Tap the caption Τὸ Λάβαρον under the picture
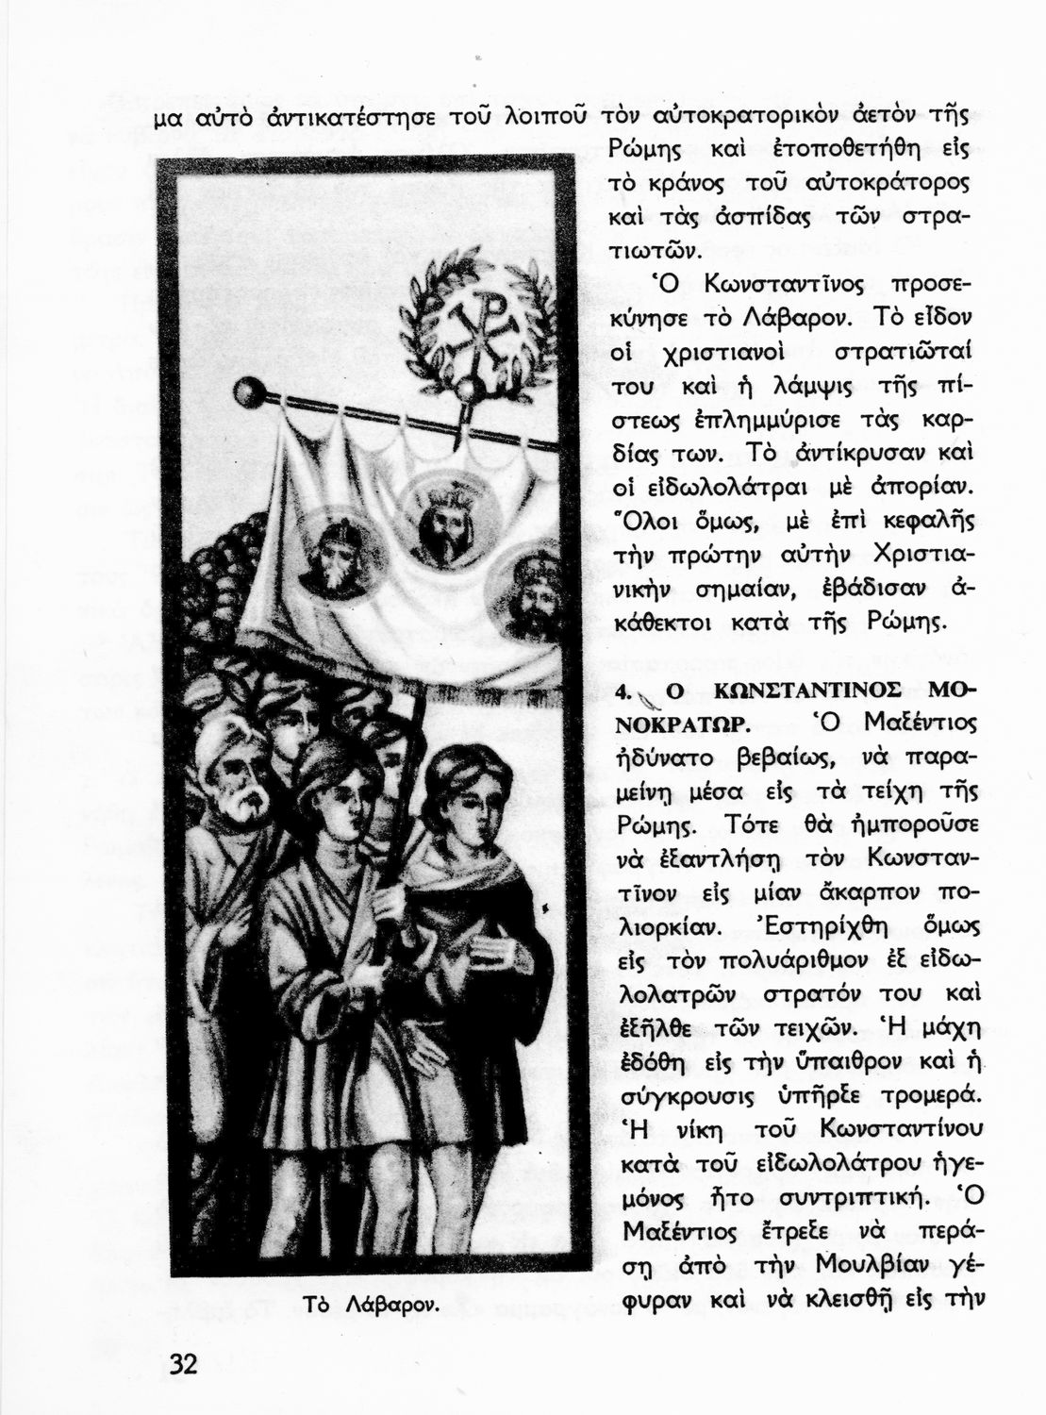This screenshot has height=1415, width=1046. [x=371, y=1305]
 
